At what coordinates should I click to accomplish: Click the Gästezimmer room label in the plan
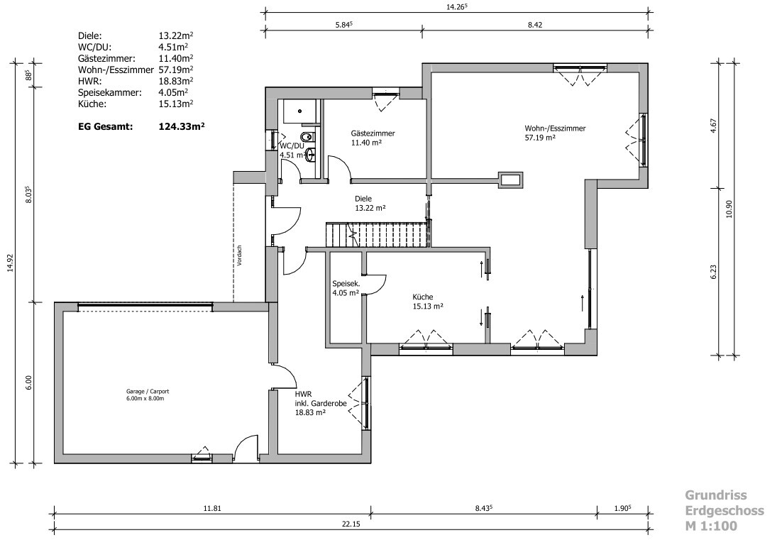click(373, 133)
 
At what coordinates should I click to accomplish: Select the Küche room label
click(423, 297)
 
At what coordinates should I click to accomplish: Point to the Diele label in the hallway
click(363, 199)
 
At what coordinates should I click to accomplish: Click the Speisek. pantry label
click(346, 284)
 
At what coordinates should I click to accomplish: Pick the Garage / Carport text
click(148, 392)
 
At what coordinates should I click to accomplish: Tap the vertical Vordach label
click(239, 255)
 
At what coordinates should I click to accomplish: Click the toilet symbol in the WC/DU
click(307, 136)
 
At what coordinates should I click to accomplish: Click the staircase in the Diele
click(376, 234)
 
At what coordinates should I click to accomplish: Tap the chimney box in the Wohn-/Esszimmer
click(510, 179)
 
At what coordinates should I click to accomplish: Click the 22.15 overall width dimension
click(350, 524)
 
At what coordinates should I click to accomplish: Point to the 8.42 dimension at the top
click(535, 25)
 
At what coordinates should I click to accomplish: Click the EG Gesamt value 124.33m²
click(182, 126)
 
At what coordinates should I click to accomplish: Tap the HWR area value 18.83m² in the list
click(175, 81)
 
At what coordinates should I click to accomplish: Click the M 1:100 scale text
click(711, 526)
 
